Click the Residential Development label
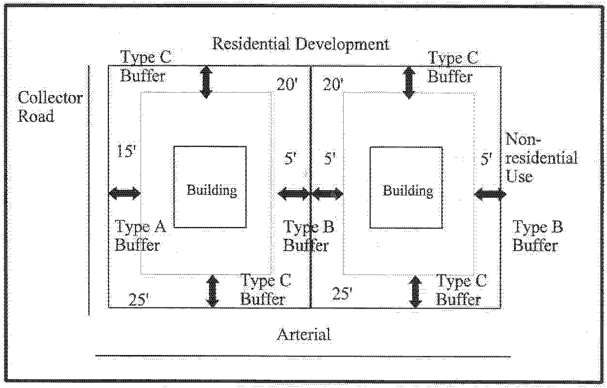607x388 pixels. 301,44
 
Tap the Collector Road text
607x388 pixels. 50,107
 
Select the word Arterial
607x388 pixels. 303,334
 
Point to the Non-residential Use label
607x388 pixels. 541,158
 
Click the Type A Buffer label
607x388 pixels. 140,236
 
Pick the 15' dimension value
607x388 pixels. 127,152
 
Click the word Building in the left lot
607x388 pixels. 212,190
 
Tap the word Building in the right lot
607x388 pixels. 408,191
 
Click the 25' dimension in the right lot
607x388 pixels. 342,294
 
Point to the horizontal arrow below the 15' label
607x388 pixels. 124,194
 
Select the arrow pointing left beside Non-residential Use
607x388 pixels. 490,194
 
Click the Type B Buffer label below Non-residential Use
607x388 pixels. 537,236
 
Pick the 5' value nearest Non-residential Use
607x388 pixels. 486,159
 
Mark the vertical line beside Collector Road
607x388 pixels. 89,189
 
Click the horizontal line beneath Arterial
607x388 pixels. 303,356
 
